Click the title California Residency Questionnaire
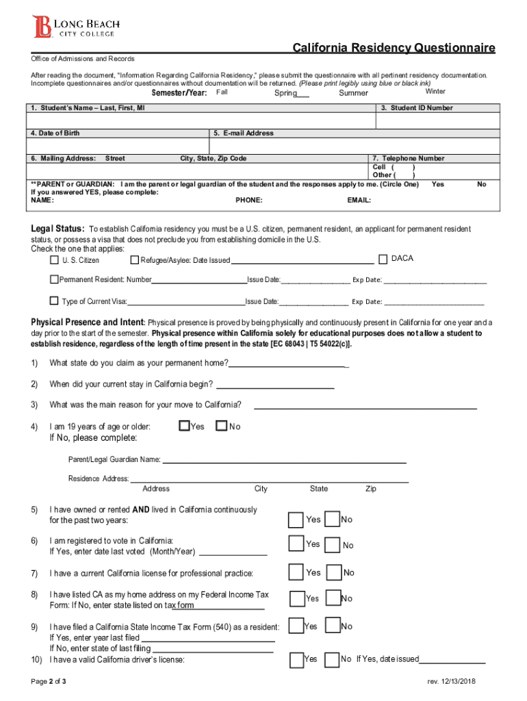tap(394, 48)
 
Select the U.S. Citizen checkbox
tap(54, 260)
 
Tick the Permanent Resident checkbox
tap(54, 280)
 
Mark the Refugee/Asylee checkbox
tap(134, 260)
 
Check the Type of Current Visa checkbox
tap(54, 301)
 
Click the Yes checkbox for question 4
tap(183, 426)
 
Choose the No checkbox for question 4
tap(221, 426)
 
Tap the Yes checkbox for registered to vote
tap(296, 544)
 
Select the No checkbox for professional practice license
tap(335, 572)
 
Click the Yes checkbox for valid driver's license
tap(296, 659)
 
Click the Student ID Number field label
tap(421, 108)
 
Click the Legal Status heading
tap(57, 228)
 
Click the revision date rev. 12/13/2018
tap(451, 682)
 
